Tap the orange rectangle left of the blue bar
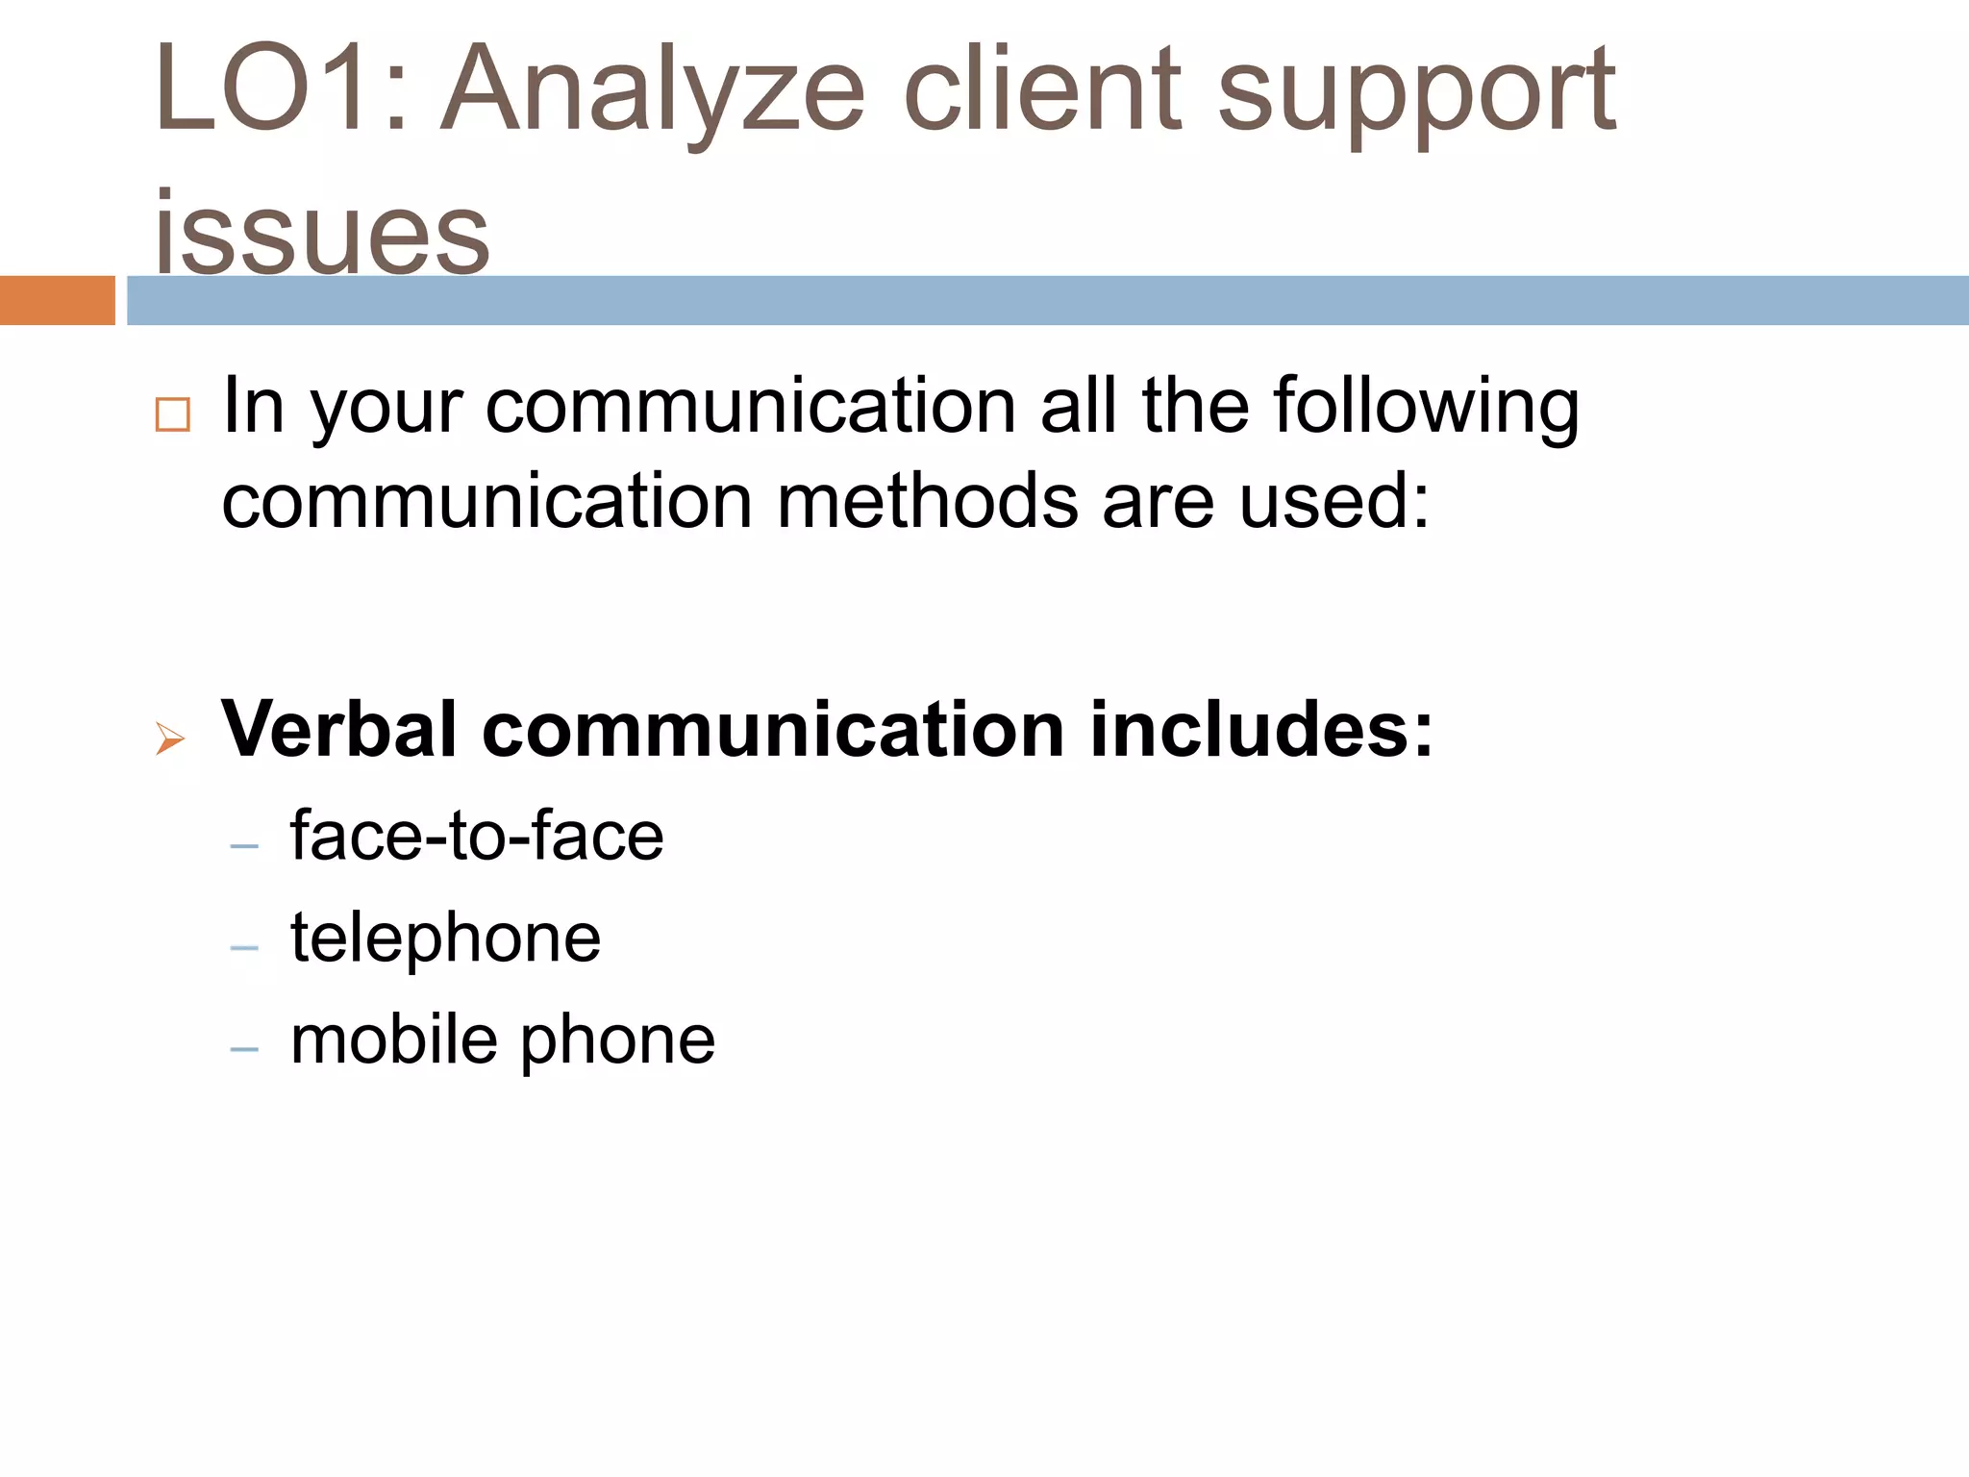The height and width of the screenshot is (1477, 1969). pyautogui.click(x=57, y=300)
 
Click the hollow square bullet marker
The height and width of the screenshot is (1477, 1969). pyautogui.click(x=173, y=414)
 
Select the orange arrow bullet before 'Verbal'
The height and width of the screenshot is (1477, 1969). pyautogui.click(x=170, y=738)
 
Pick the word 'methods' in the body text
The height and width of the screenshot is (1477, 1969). pyautogui.click(x=927, y=501)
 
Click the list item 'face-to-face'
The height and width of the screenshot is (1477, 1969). pyautogui.click(x=477, y=835)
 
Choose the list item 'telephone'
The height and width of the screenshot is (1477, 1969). pyautogui.click(x=445, y=939)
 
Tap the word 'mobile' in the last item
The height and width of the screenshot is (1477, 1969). pyautogui.click(x=393, y=1039)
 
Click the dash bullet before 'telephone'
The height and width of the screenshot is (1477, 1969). pyautogui.click(x=245, y=948)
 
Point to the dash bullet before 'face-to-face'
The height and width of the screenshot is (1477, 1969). pyautogui.click(x=245, y=846)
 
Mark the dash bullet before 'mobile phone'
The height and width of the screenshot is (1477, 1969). pyautogui.click(x=245, y=1049)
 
